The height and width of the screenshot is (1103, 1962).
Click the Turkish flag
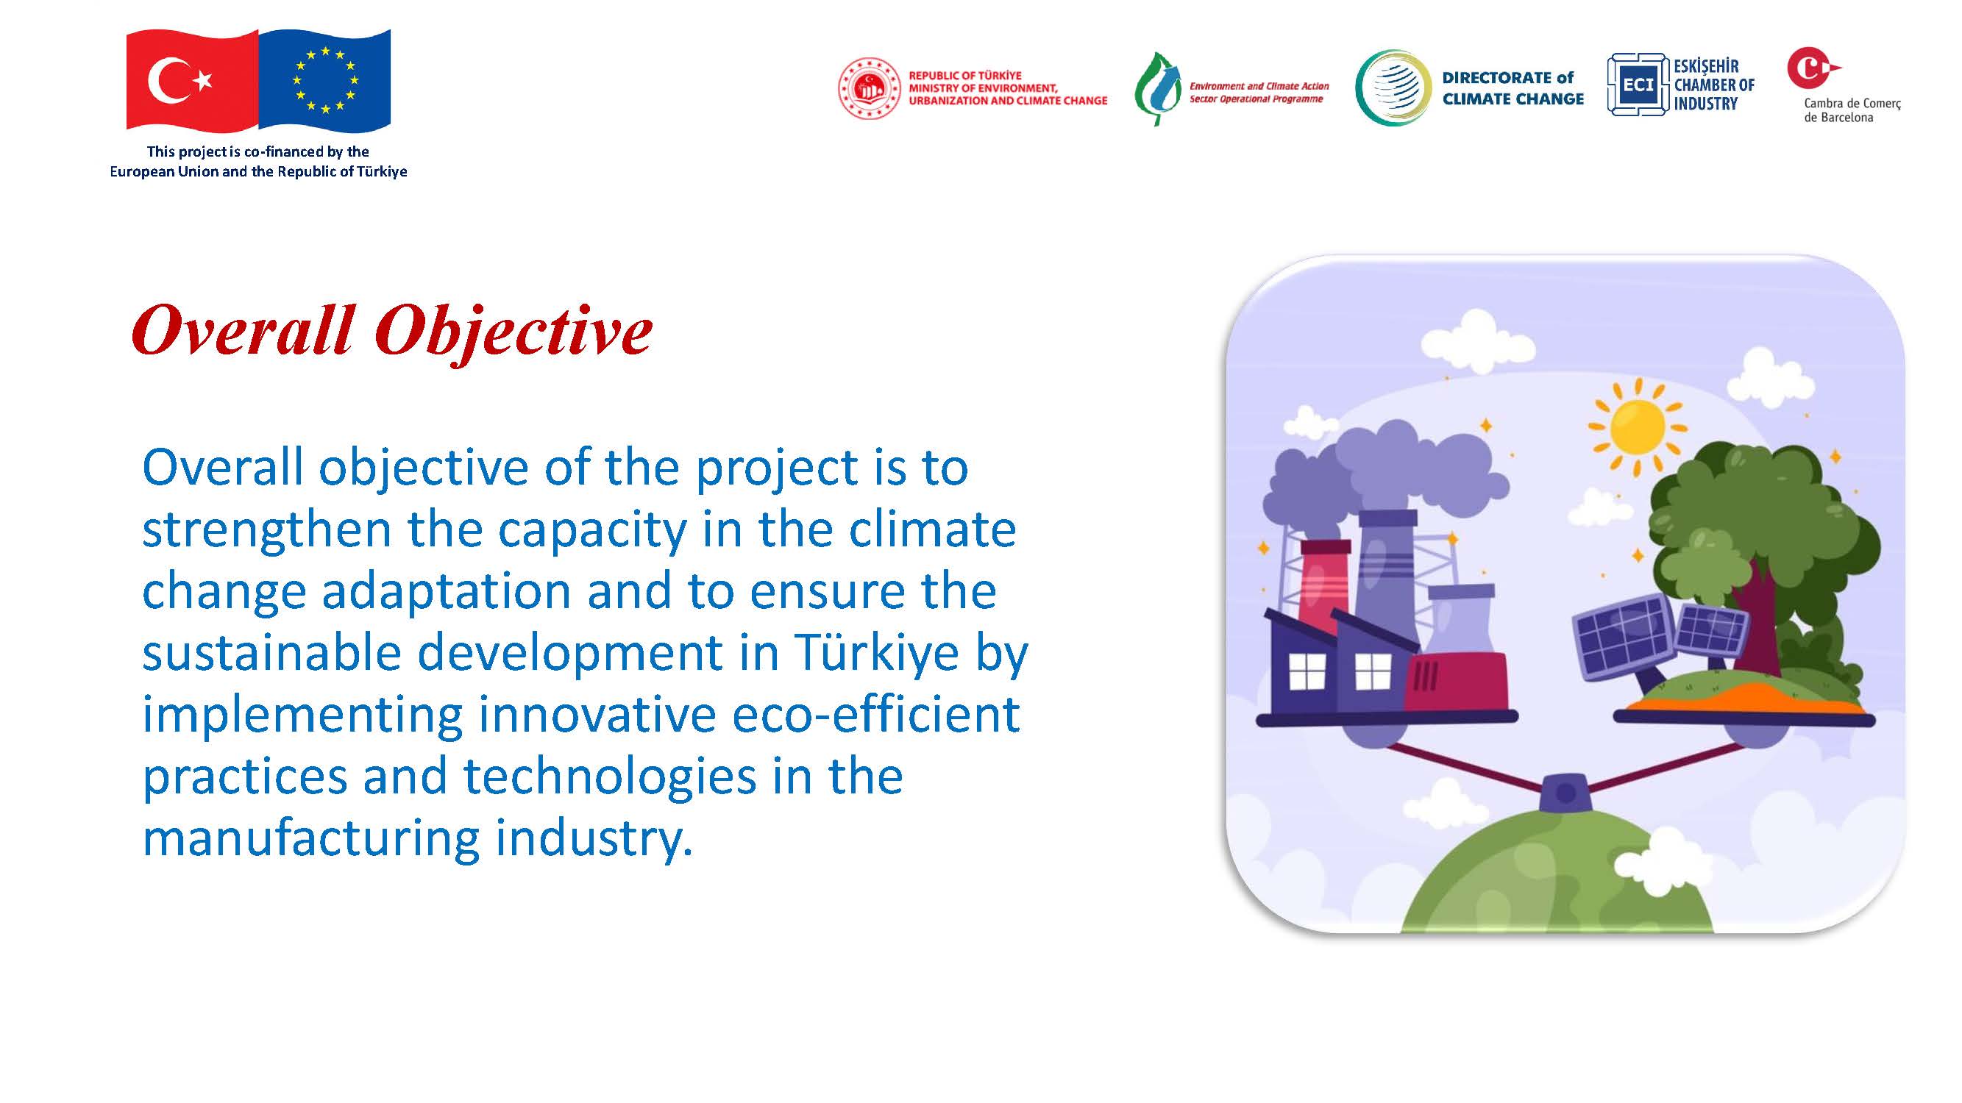click(192, 79)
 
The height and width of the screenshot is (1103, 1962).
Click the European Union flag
click(325, 79)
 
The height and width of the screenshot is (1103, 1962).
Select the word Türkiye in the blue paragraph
click(876, 653)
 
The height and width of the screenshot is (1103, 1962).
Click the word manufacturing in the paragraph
click(311, 839)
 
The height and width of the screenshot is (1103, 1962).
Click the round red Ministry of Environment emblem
click(869, 88)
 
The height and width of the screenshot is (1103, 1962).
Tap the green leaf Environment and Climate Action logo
click(1157, 89)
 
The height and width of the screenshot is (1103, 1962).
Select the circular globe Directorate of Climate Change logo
click(1393, 88)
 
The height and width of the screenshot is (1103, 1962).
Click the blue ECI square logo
click(1638, 85)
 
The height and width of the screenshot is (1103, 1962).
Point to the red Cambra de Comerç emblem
click(1813, 68)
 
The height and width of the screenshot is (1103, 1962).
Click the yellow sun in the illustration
click(1637, 426)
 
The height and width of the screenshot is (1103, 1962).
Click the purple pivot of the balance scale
click(1565, 793)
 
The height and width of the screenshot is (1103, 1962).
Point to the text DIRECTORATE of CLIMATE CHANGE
click(1513, 88)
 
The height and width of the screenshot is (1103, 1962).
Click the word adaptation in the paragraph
click(447, 592)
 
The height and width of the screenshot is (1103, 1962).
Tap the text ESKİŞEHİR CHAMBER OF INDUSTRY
click(1713, 85)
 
